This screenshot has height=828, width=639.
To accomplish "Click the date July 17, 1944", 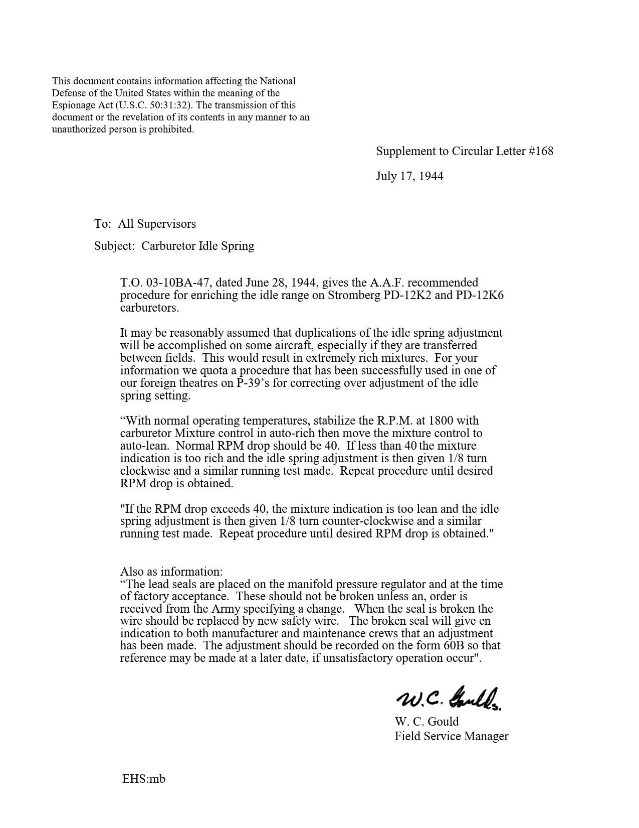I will coord(409,176).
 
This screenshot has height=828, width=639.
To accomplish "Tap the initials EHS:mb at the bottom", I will coord(143,779).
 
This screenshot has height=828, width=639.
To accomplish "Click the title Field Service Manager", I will coord(451,736).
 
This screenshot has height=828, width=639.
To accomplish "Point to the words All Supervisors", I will coord(157,224).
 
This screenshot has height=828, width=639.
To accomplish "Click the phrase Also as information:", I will coord(171,572).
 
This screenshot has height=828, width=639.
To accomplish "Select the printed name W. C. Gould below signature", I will coord(427,722).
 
